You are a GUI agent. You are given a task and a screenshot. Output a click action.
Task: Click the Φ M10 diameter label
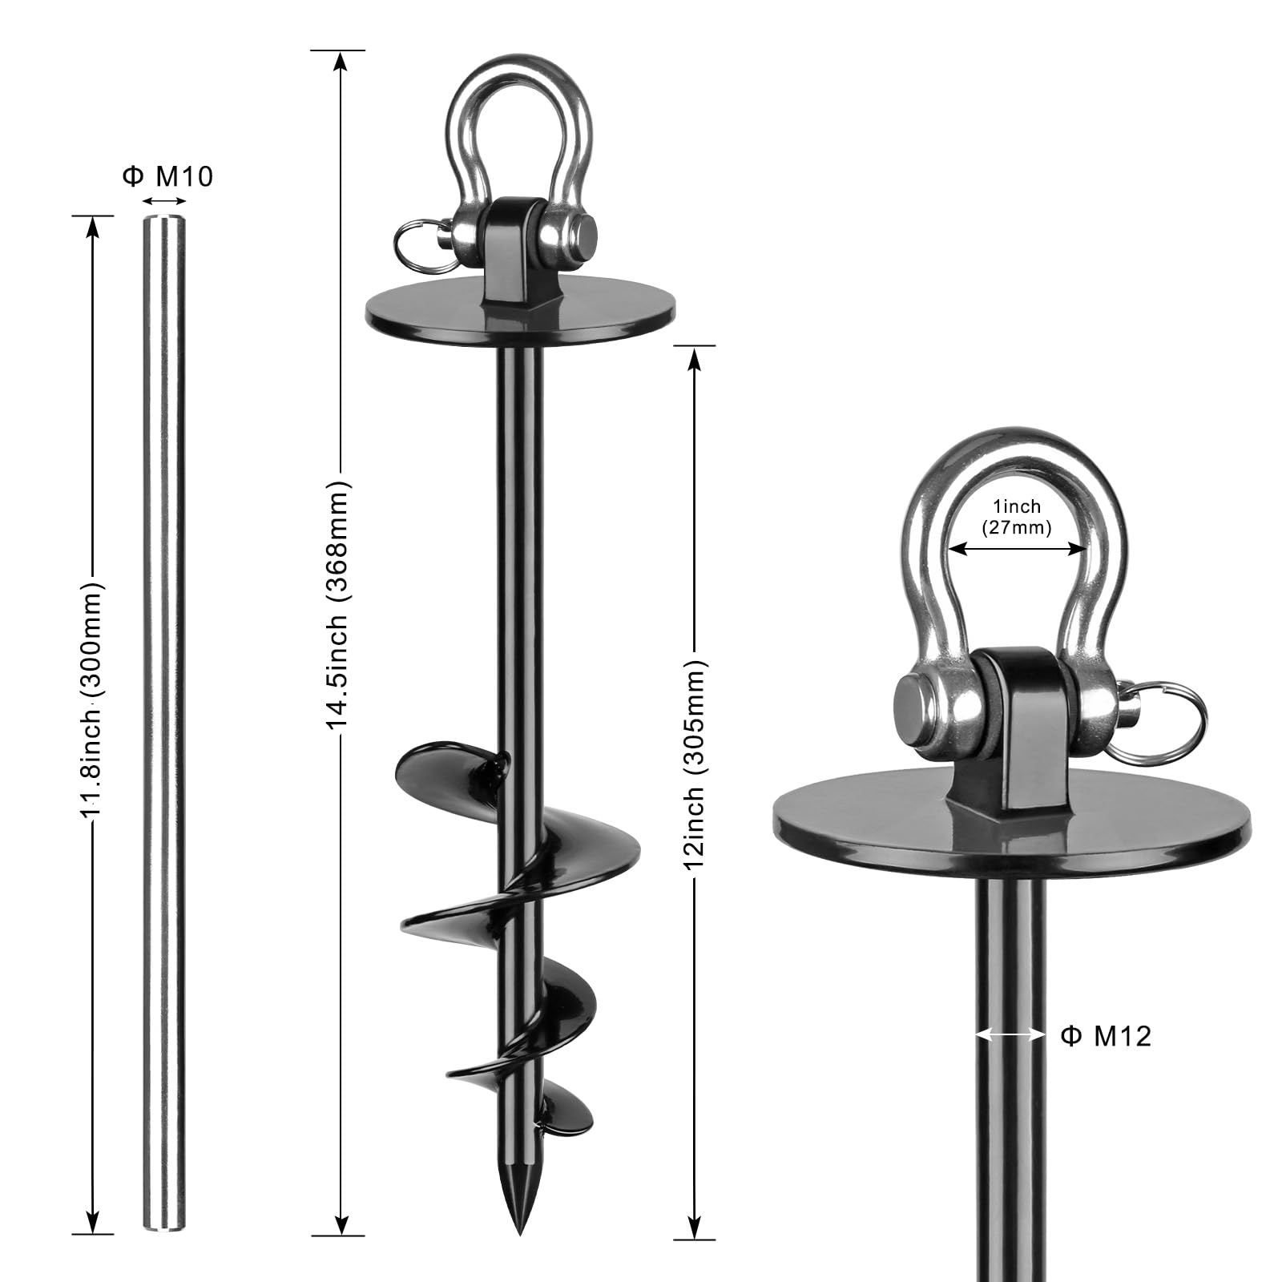tap(168, 176)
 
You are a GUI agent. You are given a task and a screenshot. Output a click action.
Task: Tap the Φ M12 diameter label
tap(1106, 1036)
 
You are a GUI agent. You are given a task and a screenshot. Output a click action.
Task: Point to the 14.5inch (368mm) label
tap(338, 607)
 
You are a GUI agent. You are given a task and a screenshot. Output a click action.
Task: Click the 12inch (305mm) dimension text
tap(694, 764)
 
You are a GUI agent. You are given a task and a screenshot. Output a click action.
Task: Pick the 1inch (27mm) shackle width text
tap(1016, 517)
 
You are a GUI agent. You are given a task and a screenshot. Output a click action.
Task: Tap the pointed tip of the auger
tap(519, 1202)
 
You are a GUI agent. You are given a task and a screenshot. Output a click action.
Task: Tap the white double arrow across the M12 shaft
tap(1010, 1035)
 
